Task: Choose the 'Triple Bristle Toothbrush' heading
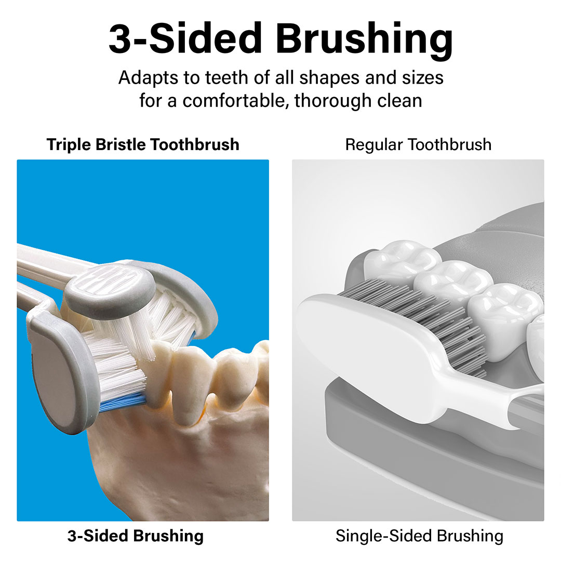tap(143, 145)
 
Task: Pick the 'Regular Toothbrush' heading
tap(418, 145)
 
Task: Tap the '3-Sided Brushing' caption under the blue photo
tap(136, 536)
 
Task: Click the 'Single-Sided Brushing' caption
tap(419, 536)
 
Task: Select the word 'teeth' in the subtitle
tap(227, 78)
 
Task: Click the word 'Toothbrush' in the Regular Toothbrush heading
tap(450, 145)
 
